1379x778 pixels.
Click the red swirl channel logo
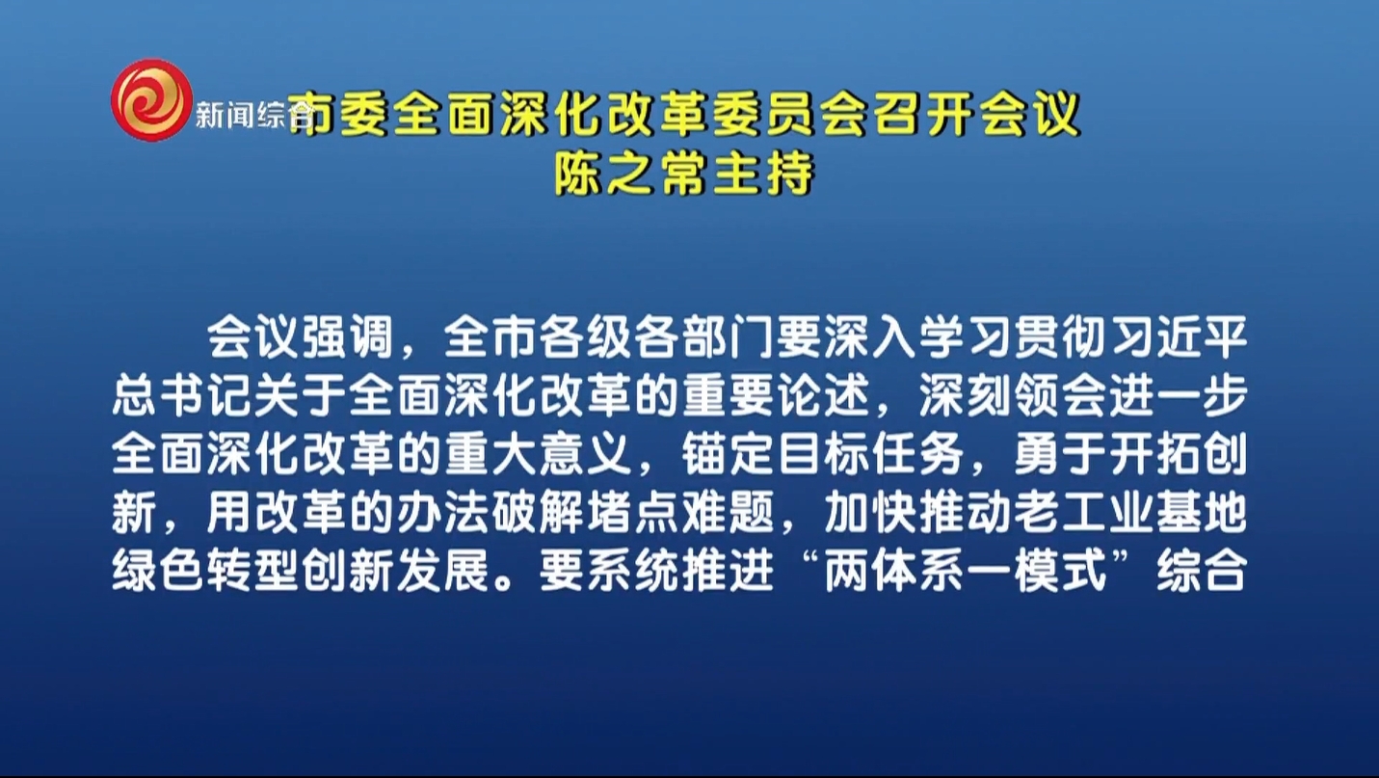point(151,100)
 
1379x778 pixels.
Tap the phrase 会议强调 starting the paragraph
point(301,337)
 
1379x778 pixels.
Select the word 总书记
point(182,395)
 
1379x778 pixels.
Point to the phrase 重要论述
point(775,395)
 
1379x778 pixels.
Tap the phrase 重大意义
point(538,454)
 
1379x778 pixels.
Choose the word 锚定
point(727,454)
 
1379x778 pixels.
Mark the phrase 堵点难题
point(679,513)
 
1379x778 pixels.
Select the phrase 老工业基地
point(1129,513)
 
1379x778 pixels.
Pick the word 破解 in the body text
point(538,513)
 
